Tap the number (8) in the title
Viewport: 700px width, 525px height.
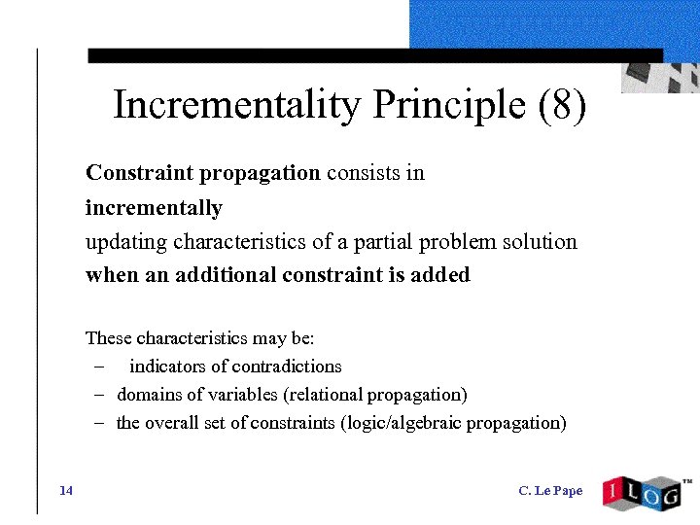(x=562, y=105)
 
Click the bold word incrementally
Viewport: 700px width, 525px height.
(x=154, y=208)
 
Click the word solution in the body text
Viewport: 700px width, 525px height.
(x=540, y=241)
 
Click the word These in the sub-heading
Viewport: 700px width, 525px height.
(x=109, y=338)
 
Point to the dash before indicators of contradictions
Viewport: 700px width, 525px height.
(x=100, y=367)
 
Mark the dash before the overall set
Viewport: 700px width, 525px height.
(x=100, y=424)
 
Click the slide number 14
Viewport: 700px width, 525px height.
(x=66, y=490)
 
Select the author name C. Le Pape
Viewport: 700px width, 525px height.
(x=550, y=490)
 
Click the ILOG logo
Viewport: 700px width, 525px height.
(x=642, y=493)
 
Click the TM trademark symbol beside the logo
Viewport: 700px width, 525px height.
(x=687, y=481)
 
